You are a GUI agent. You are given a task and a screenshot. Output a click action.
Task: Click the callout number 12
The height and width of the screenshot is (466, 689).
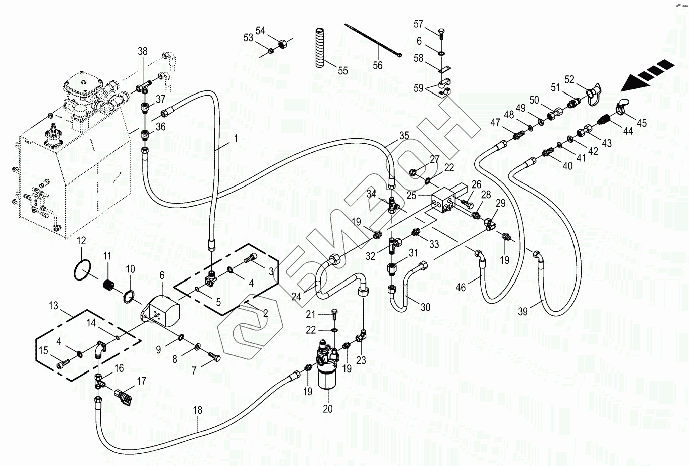[81, 241]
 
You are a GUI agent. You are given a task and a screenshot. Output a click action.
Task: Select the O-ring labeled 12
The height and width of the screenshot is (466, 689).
[82, 270]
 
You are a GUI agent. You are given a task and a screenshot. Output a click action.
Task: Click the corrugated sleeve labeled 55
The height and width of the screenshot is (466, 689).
[320, 48]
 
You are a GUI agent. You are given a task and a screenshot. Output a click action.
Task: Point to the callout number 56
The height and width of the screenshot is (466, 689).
[378, 65]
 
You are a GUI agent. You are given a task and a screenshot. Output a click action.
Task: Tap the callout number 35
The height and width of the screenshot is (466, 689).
[404, 136]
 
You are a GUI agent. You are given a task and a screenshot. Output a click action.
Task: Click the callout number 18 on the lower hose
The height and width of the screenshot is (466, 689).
[198, 410]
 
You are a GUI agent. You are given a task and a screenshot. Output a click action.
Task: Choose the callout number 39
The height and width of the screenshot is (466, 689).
[523, 311]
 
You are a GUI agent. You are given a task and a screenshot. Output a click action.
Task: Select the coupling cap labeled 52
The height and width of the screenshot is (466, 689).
[594, 94]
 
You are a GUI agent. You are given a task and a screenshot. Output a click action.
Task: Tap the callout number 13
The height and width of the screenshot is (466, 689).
[53, 306]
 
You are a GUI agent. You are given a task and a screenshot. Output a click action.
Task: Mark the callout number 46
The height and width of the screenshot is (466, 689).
[461, 288]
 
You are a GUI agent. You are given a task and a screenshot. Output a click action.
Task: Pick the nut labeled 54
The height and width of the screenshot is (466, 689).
[282, 44]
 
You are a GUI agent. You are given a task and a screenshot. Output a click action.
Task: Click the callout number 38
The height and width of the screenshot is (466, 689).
[143, 51]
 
